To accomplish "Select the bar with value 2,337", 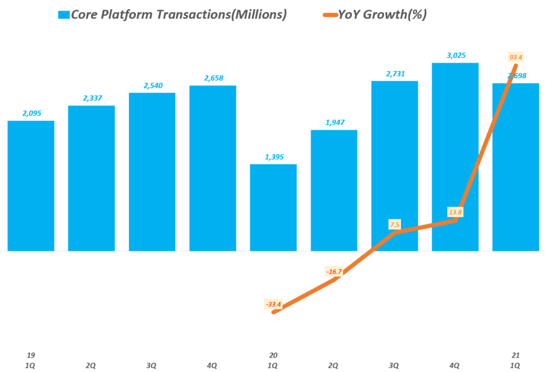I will click(x=92, y=178).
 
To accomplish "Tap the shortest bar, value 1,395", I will click(x=273, y=207).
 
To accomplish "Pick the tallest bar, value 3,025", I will click(x=455, y=156).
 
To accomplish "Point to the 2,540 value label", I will click(x=152, y=86).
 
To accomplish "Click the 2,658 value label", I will click(x=213, y=78).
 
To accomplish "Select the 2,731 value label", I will click(x=394, y=74).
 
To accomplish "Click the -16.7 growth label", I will click(x=333, y=272).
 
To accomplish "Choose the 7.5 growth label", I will click(x=394, y=225).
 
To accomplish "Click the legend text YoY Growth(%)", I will click(x=382, y=15).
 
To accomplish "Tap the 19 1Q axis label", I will click(x=30, y=360).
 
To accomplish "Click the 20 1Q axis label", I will click(x=273, y=360).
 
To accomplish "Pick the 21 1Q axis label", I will click(x=515, y=360).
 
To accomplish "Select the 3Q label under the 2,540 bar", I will click(x=152, y=365).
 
